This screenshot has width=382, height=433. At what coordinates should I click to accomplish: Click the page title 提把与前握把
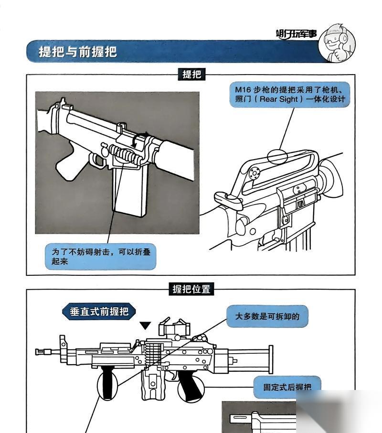pos(78,51)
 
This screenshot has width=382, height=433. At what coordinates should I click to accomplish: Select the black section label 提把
pos(191,74)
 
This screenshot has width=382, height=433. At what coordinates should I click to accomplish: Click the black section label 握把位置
pos(191,289)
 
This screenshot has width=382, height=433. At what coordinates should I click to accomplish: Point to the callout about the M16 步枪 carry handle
pos(290,94)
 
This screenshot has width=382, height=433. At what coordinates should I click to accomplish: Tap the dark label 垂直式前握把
pos(99,312)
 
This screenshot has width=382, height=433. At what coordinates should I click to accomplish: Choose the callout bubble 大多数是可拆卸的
pos(267,316)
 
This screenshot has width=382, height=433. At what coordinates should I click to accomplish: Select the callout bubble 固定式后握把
pos(286,386)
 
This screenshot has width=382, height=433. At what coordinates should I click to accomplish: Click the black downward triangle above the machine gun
pos(145,325)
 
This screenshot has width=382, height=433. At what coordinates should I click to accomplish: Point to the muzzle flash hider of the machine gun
pos(43,352)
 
